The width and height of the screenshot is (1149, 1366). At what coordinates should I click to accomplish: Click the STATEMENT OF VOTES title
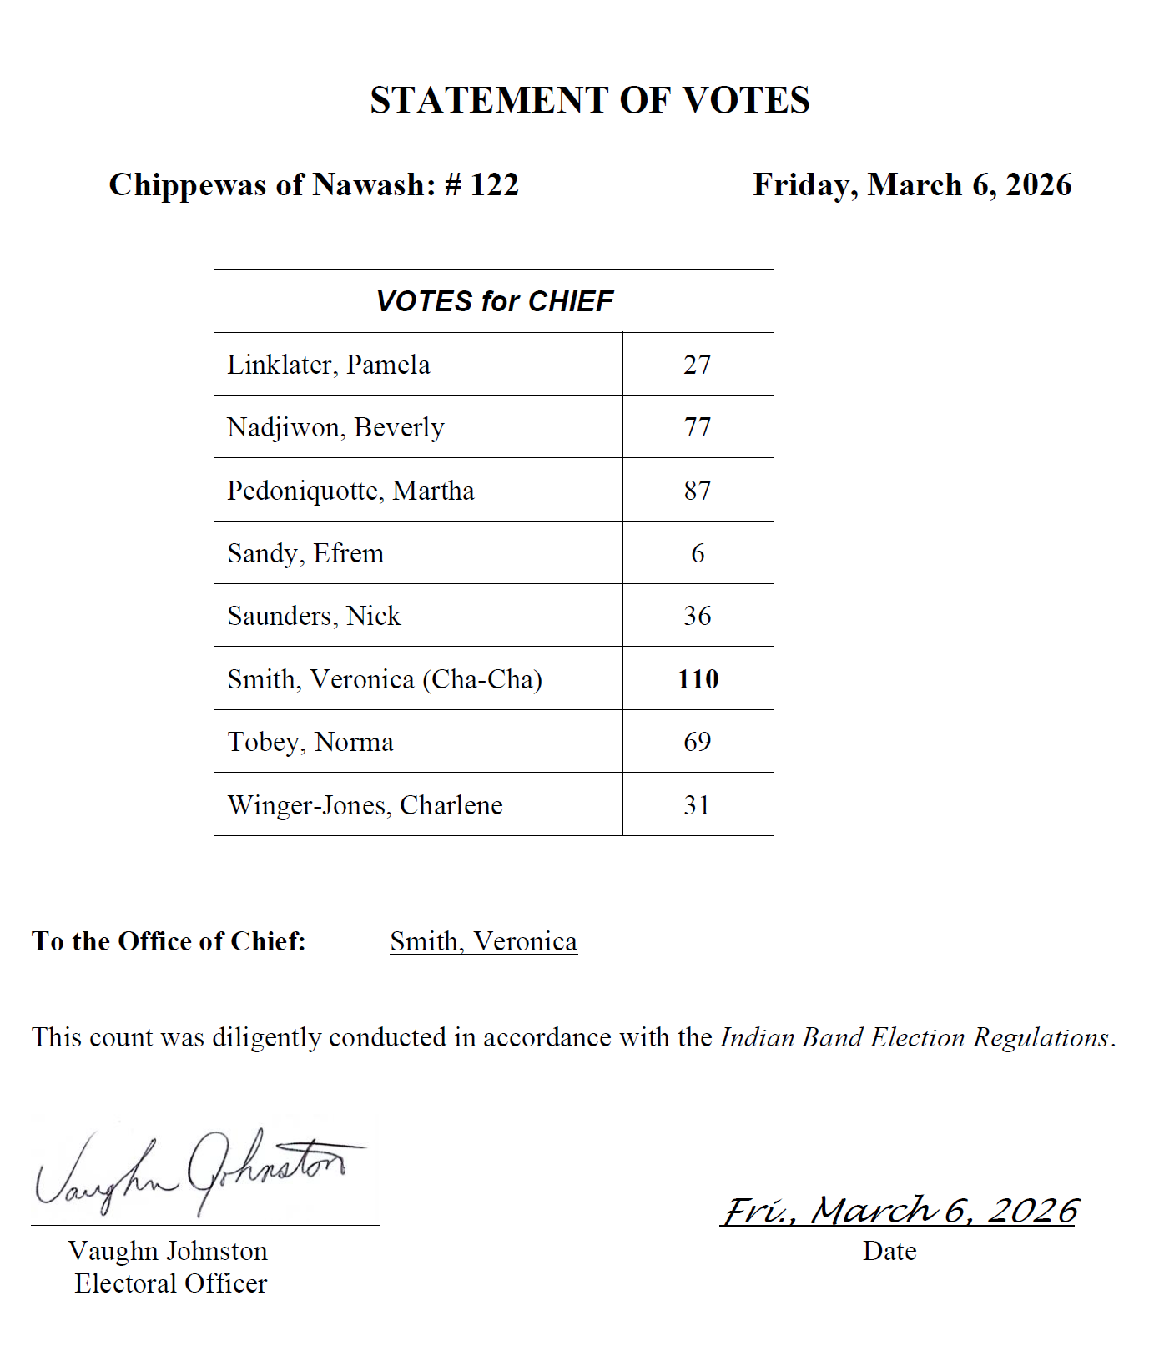(590, 100)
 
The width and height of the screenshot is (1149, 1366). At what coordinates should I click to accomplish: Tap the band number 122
(494, 184)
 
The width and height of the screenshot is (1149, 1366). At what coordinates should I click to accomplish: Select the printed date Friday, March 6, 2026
(912, 184)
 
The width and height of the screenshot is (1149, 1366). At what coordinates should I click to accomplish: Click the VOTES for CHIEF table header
(494, 301)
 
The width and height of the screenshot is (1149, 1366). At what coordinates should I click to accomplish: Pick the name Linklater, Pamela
(329, 365)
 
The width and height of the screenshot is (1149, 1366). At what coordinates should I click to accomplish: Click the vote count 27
(698, 365)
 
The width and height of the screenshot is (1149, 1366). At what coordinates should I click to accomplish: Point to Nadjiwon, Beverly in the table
(335, 427)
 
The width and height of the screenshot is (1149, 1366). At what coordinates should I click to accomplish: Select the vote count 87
(698, 491)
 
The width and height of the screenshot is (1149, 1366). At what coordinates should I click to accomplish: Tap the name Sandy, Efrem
(305, 553)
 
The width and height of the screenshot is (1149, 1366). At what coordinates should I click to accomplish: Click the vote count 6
(698, 553)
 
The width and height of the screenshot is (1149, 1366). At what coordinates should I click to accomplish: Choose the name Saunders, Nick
(314, 616)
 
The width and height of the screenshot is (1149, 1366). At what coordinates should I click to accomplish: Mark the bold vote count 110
(698, 679)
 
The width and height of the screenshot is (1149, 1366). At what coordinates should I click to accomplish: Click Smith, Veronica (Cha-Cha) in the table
(385, 679)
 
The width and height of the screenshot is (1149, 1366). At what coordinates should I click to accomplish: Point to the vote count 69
(698, 742)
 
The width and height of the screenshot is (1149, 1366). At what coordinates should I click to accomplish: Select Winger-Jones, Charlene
(365, 805)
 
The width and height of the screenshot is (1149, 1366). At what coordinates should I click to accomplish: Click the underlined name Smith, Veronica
(483, 941)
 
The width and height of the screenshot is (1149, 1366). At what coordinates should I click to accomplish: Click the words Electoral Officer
(170, 1283)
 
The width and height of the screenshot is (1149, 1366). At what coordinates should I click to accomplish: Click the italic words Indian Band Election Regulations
(915, 1037)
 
